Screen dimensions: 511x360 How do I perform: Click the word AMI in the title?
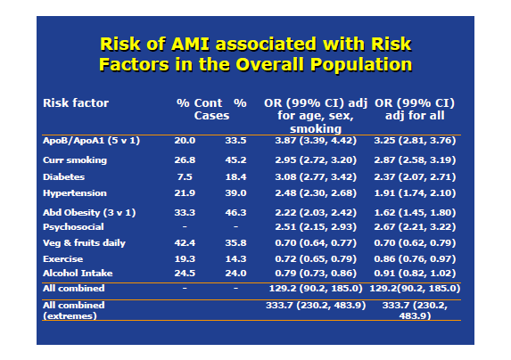pos(190,44)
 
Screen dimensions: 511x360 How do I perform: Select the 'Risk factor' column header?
pos(76,102)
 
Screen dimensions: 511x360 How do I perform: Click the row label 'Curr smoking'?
pos(75,160)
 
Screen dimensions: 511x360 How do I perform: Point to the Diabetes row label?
pos(64,176)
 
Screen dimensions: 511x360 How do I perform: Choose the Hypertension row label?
pos(75,193)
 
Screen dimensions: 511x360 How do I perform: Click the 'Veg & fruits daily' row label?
pos(84,242)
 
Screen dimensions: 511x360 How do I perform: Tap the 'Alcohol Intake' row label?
pos(78,273)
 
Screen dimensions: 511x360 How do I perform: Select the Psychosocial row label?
pos(73,227)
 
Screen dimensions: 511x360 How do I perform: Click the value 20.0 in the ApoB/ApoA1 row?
pos(185,141)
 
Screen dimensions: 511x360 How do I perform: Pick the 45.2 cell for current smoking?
pos(235,160)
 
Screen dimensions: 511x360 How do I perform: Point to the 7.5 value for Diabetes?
pos(185,176)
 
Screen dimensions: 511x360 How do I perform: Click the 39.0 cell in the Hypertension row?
pos(235,193)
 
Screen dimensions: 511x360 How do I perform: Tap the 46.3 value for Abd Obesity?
pos(235,213)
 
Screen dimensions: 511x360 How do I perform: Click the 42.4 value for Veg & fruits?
pos(185,242)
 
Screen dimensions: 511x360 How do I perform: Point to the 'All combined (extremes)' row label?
pos(74,310)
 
